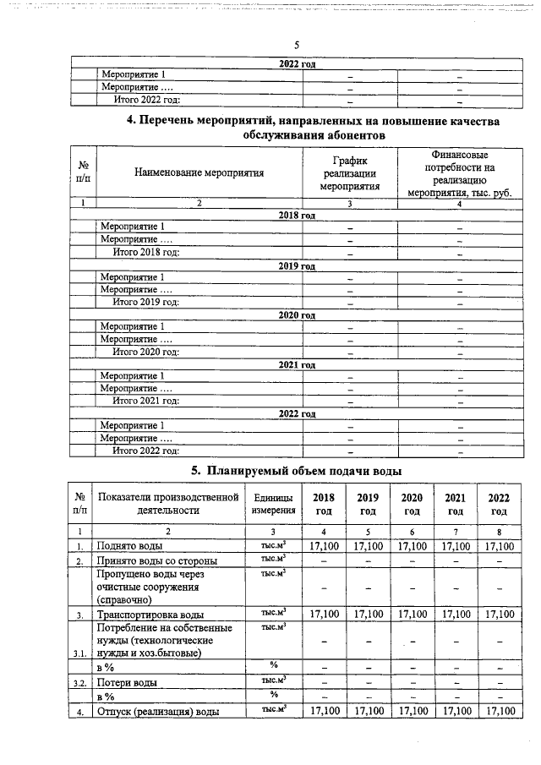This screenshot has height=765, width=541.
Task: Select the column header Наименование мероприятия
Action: (x=199, y=172)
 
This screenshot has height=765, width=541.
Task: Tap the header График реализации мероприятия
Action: (x=349, y=173)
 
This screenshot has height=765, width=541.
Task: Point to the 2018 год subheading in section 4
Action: (x=297, y=216)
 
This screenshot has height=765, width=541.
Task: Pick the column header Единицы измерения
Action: (x=273, y=504)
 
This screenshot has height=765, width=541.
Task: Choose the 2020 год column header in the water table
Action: (x=412, y=504)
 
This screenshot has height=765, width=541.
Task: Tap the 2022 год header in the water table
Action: (x=499, y=504)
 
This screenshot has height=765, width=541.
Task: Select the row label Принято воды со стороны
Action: (x=157, y=560)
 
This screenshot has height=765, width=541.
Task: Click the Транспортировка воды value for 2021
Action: (x=455, y=614)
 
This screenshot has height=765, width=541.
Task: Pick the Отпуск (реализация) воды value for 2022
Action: (x=499, y=712)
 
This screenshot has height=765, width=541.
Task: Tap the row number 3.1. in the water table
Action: (x=80, y=653)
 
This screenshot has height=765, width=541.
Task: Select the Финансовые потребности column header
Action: (x=459, y=173)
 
